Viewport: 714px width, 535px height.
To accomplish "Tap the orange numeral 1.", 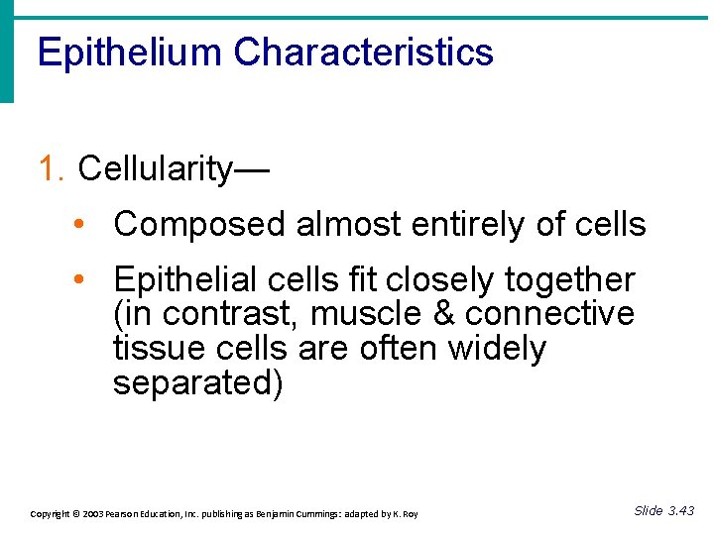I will [51, 169].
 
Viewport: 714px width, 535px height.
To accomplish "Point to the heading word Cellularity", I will [155, 169].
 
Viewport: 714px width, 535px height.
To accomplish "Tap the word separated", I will [197, 383].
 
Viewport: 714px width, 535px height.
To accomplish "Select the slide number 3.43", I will [680, 511].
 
